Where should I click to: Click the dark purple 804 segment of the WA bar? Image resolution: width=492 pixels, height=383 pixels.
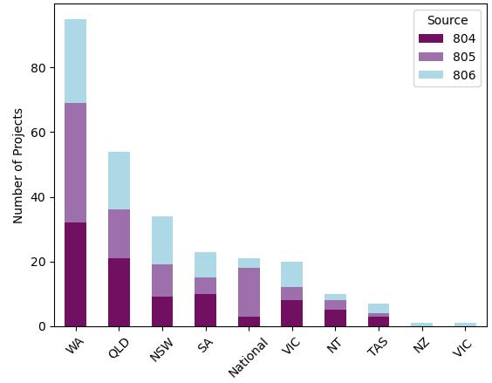click(x=75, y=274)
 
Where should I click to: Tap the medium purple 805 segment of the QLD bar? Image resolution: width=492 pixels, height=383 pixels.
click(x=119, y=234)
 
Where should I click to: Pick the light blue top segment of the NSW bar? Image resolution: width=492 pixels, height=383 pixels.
click(x=162, y=241)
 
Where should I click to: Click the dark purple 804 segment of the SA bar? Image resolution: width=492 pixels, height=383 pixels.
click(x=205, y=310)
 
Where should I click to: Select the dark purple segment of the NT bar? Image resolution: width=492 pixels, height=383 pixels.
click(x=335, y=318)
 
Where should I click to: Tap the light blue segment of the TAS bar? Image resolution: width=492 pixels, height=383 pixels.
click(x=379, y=308)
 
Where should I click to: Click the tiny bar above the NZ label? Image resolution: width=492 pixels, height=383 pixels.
click(x=421, y=325)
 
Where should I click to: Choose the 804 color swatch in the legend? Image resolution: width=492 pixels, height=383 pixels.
click(x=431, y=38)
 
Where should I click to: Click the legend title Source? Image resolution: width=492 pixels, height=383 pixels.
click(x=447, y=20)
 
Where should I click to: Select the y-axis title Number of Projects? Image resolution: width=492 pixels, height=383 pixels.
click(x=18, y=166)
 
